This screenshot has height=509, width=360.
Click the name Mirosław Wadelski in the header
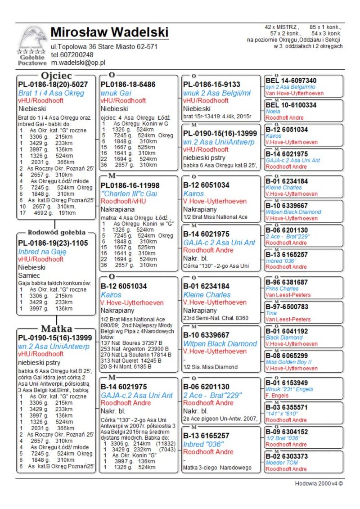click(x=109, y=32)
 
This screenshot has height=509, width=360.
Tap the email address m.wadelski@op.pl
click(x=78, y=63)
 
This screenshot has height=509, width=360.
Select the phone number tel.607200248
click(x=72, y=55)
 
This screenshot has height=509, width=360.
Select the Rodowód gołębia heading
click(x=56, y=233)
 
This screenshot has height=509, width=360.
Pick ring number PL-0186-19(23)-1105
click(x=53, y=243)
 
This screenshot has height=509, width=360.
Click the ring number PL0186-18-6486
click(x=128, y=84)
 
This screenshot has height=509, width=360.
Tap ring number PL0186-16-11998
click(x=130, y=185)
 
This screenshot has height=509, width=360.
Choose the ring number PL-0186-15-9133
click(x=211, y=84)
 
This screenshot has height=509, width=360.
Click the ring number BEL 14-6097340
click(x=291, y=81)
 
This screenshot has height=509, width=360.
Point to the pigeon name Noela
click(x=273, y=111)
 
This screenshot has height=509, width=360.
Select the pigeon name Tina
click(x=271, y=313)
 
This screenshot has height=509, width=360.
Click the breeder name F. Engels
click(x=276, y=396)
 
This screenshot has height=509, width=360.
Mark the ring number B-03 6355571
click(x=287, y=407)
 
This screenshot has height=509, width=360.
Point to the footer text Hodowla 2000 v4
click(x=319, y=484)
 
